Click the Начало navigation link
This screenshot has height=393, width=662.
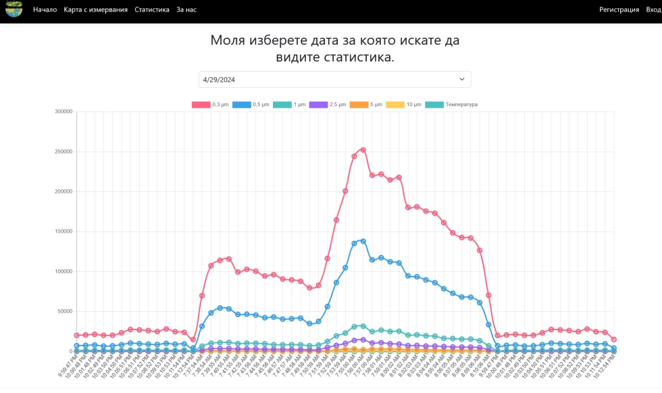tap(45, 9)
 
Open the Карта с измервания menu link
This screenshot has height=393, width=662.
tap(95, 9)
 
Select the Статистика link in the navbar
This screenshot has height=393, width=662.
tap(152, 9)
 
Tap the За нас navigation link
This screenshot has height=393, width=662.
tap(186, 9)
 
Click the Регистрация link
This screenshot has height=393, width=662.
tap(619, 9)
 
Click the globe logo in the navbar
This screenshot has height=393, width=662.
tap(14, 9)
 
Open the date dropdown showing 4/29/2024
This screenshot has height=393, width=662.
tap(334, 79)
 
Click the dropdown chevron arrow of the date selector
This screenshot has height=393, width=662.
tap(462, 79)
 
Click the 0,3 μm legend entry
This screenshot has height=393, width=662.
tap(211, 105)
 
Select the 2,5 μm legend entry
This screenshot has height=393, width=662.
tap(328, 105)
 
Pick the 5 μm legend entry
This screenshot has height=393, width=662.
tap(367, 105)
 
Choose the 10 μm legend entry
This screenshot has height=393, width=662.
tap(404, 105)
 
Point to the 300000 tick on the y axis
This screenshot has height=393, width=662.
tap(63, 112)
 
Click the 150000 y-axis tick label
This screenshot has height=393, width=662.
tap(63, 231)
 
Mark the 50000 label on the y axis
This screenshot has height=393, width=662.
tap(64, 312)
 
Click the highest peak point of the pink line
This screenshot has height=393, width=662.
tap(363, 149)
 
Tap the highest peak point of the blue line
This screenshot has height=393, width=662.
tap(363, 241)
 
